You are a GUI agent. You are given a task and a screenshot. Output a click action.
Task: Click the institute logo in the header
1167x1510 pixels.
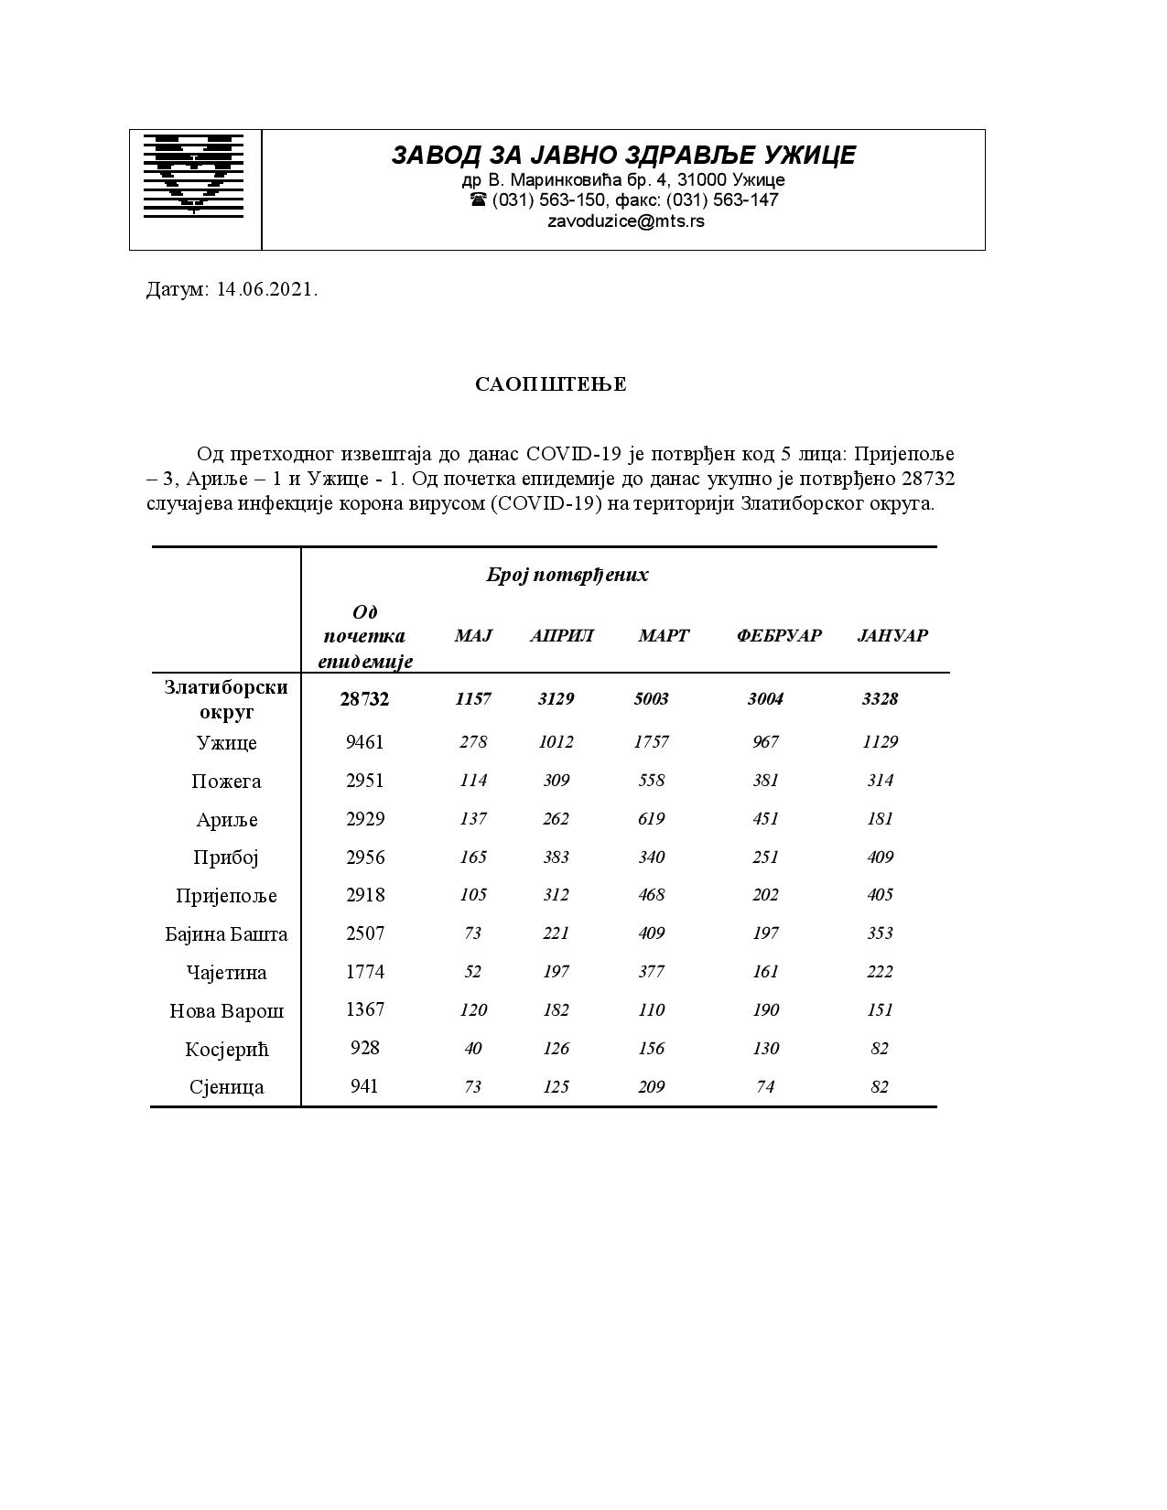pos(194,175)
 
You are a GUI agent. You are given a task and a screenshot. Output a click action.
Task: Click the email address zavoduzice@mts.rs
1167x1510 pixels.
pos(625,221)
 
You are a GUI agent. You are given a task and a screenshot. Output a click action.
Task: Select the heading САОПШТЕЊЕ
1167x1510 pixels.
pos(550,384)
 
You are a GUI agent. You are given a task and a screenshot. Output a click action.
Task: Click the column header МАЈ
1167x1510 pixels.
pos(473,636)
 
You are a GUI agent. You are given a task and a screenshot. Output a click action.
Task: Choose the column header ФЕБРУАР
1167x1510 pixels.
pos(778,636)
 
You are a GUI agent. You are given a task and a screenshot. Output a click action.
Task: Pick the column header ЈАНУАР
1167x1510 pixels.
pos(892,636)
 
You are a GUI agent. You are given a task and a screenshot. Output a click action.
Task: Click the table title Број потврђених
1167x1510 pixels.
pos(567,575)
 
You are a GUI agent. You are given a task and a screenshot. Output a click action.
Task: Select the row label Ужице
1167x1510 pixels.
pos(226,743)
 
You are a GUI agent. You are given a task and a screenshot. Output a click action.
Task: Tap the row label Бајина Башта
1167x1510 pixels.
pos(226,934)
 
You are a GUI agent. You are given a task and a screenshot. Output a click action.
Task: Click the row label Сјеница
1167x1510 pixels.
pos(226,1087)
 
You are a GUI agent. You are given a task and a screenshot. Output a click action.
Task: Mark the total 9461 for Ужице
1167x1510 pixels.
pos(364,742)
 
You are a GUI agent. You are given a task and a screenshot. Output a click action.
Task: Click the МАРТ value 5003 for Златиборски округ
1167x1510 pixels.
pos(651,699)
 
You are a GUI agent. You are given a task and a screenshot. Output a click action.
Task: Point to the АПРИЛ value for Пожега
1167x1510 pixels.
pos(556,781)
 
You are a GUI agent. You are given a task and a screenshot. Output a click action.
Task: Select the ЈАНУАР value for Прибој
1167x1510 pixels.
pos(880,857)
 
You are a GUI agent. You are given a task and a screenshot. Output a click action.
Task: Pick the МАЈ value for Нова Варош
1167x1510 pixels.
pos(472,1010)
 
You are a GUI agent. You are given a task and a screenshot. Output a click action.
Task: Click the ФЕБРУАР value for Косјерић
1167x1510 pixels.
pos(765,1049)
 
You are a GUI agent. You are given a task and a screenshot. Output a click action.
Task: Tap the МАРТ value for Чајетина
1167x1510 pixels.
pos(651,972)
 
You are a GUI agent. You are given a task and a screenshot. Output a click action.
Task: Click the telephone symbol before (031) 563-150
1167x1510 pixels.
pos(478,200)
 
